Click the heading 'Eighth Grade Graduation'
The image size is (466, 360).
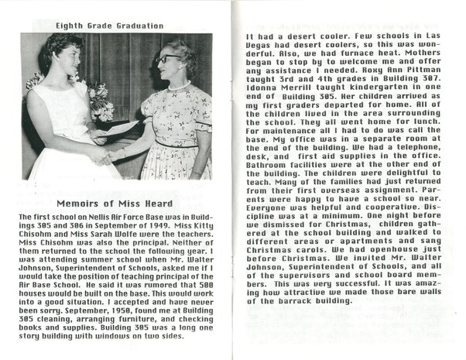coord(109,26)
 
